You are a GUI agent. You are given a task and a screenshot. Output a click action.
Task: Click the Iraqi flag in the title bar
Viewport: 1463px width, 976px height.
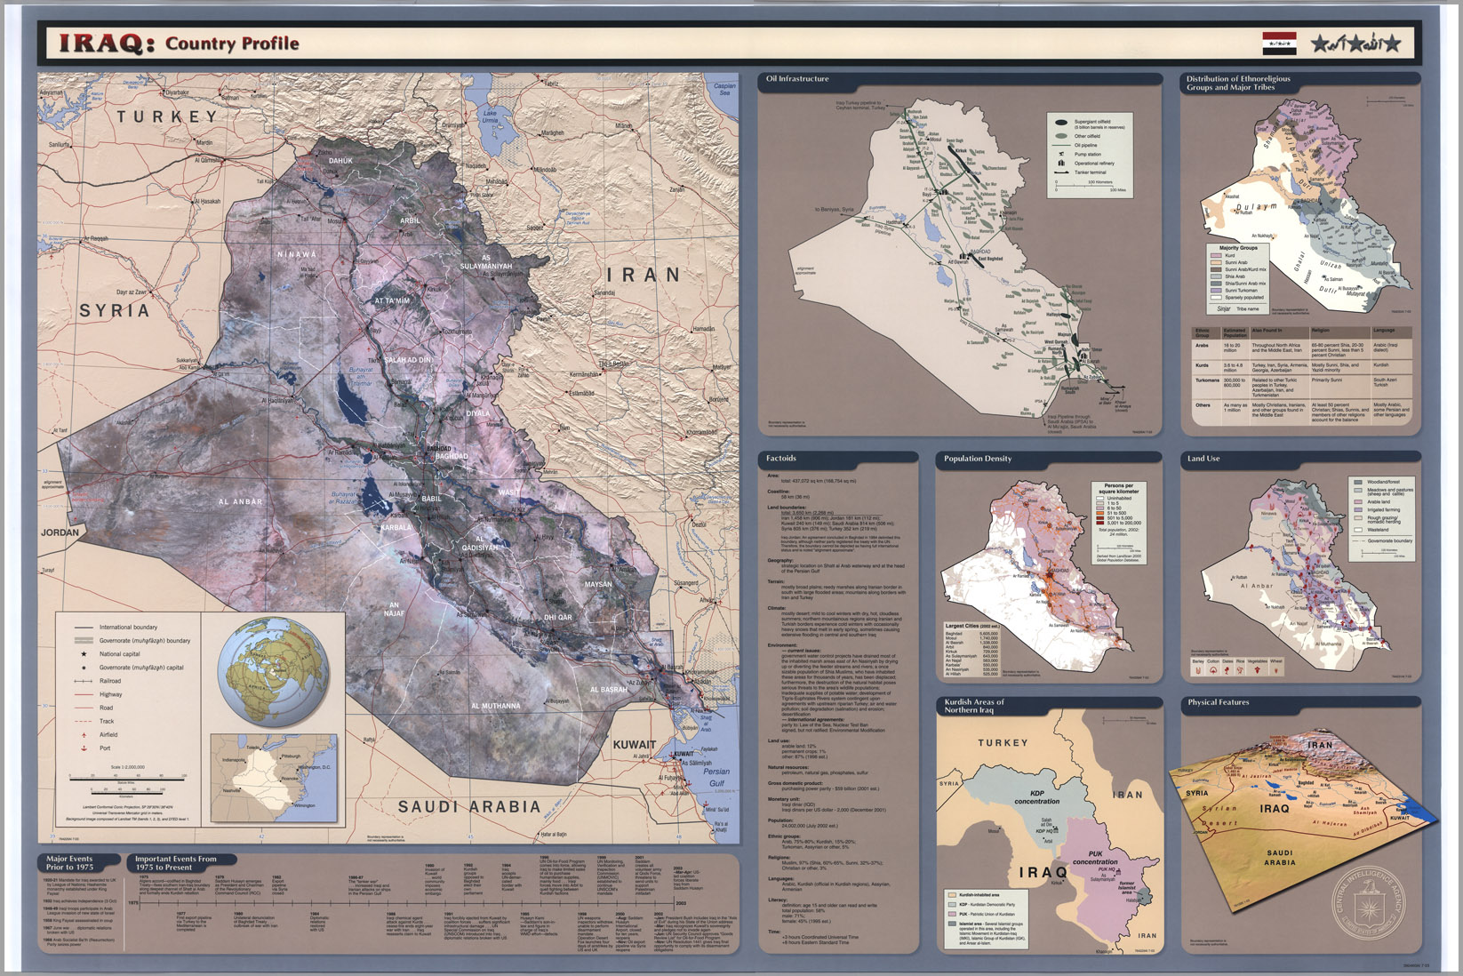coord(1279,43)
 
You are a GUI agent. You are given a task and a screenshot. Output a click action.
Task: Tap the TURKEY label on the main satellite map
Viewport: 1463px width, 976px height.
coord(167,116)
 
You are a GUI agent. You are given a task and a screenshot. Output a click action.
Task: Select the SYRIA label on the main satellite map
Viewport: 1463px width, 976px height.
coord(115,310)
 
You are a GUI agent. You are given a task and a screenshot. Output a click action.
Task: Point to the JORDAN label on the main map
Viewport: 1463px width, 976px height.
coord(60,532)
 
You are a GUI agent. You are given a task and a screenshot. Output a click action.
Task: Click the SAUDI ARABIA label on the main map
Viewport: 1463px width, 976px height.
coord(468,806)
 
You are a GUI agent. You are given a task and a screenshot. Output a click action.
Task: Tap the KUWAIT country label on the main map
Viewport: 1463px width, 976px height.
coord(635,745)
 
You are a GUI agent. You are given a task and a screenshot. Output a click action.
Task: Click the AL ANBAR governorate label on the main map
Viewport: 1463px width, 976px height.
coord(241,501)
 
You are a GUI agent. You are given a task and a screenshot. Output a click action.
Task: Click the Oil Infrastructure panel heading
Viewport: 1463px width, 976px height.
coord(797,79)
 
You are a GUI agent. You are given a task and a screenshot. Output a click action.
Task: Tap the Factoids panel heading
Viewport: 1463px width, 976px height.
coord(781,459)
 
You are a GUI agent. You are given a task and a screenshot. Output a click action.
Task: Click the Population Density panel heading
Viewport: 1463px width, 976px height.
coord(978,459)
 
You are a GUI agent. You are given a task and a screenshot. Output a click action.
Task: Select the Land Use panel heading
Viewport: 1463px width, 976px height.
coord(1203,459)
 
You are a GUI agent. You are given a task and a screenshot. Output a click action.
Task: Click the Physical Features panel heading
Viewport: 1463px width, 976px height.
coord(1218,702)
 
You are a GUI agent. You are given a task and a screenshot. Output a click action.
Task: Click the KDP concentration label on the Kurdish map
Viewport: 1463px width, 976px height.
coord(1036,796)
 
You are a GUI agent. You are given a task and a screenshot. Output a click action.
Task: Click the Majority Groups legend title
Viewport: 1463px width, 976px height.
coord(1237,248)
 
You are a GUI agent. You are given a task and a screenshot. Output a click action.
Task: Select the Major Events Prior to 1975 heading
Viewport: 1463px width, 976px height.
coord(69,862)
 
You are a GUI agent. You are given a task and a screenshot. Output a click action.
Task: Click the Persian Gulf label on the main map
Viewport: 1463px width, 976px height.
coord(716,777)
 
